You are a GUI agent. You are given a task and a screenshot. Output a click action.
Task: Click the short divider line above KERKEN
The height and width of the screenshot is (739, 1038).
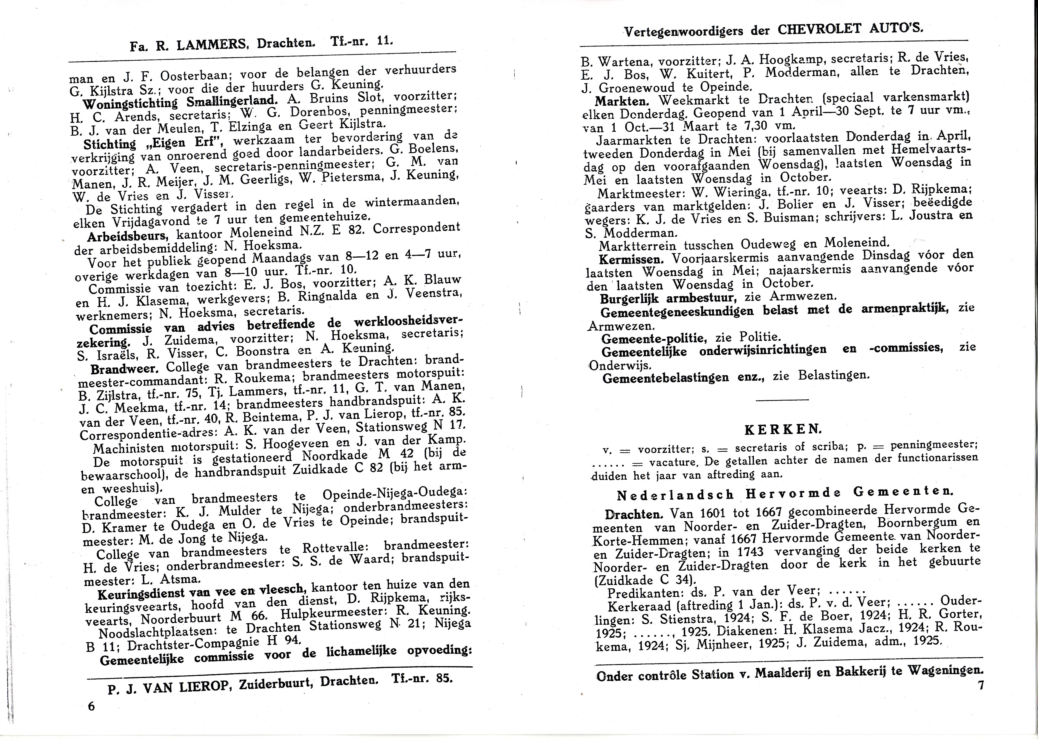point(782,399)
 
